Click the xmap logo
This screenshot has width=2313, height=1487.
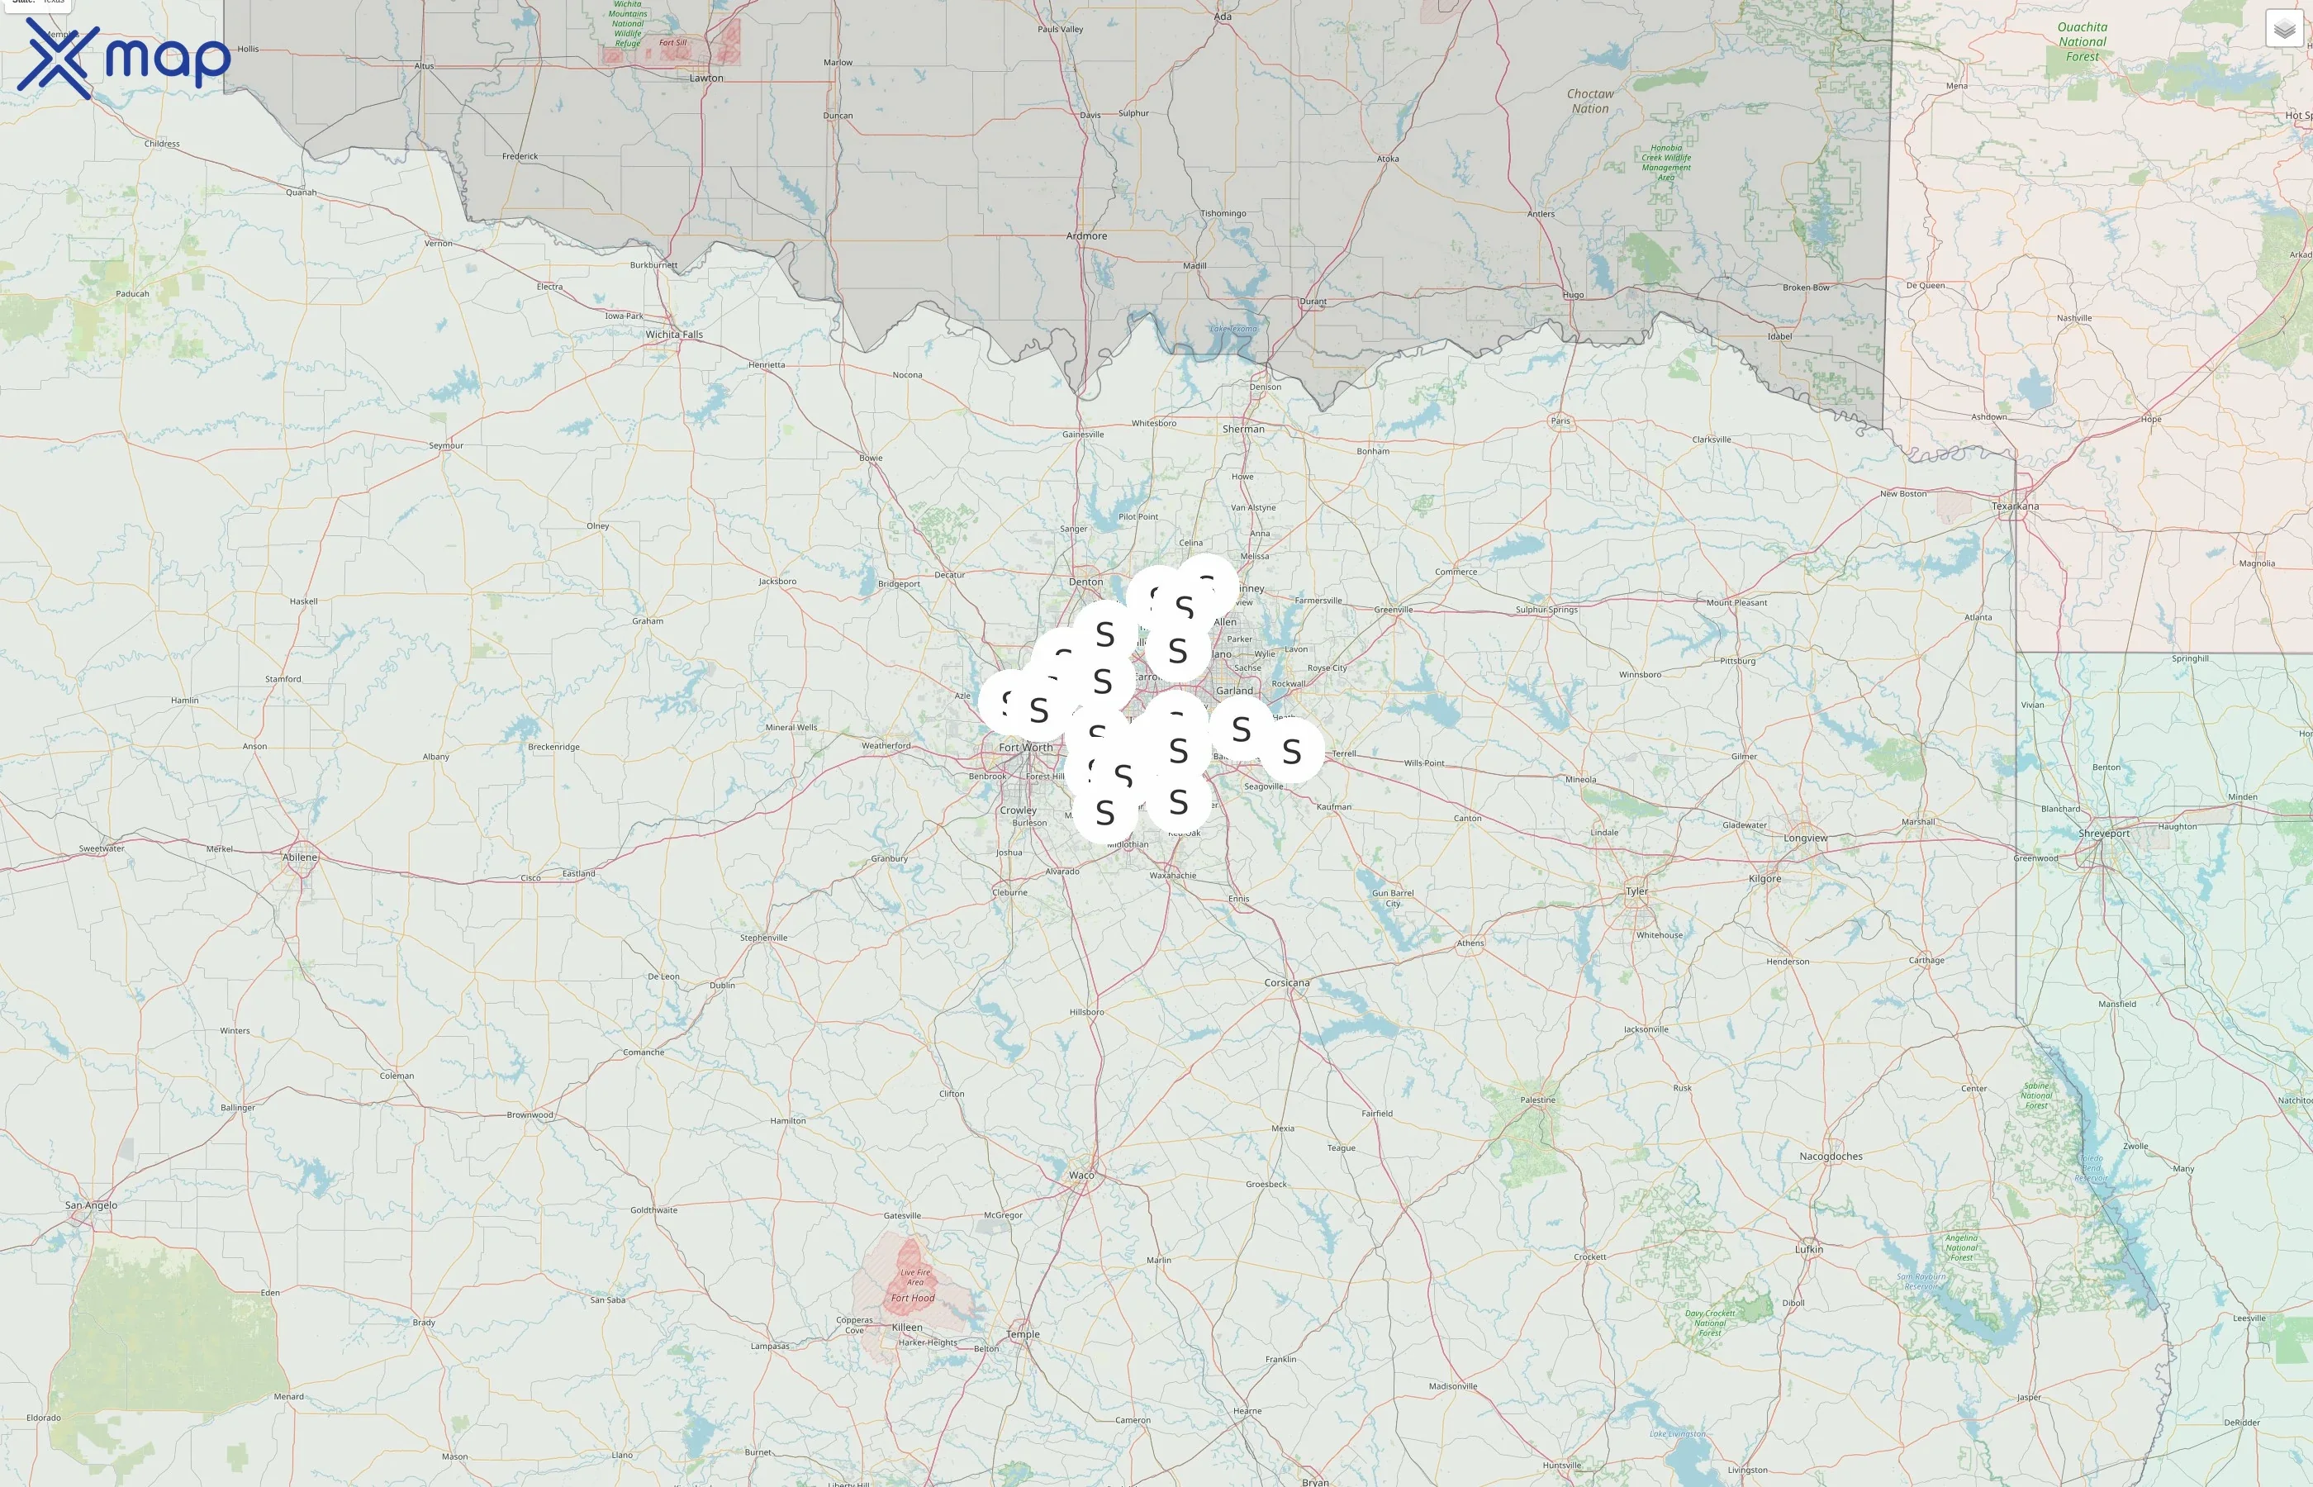tap(124, 58)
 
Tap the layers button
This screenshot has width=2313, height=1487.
tap(2284, 29)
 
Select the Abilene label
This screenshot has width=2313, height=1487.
tap(299, 858)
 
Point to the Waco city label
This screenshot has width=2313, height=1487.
tap(1081, 1175)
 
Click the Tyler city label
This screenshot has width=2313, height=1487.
tap(1637, 891)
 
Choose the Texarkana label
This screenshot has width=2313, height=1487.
tap(2015, 506)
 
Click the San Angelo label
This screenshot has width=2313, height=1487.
tap(91, 1205)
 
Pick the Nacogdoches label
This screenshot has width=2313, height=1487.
tap(1831, 1156)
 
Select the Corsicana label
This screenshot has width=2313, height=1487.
tap(1287, 983)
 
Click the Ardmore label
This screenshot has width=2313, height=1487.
tap(1086, 235)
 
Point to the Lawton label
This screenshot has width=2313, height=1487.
tap(705, 78)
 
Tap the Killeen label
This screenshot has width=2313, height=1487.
tap(906, 1328)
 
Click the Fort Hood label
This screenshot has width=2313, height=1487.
tap(912, 1298)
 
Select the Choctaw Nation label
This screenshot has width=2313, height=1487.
tap(1590, 102)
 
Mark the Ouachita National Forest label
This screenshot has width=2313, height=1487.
tap(2083, 41)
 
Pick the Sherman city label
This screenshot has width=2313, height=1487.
tap(1242, 429)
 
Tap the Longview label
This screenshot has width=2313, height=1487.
tap(1804, 839)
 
